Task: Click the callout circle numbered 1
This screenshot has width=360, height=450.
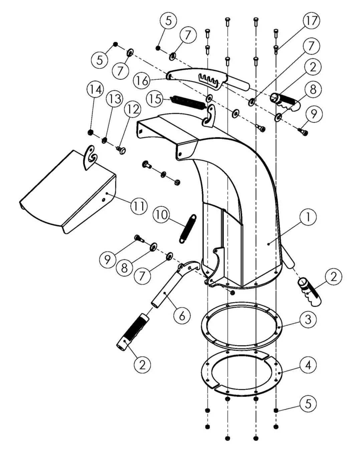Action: click(308, 217)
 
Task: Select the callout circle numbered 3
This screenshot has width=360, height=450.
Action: click(308, 319)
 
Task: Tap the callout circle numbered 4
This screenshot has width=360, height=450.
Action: click(308, 364)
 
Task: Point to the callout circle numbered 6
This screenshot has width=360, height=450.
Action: click(182, 315)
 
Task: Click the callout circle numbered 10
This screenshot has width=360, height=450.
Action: click(162, 214)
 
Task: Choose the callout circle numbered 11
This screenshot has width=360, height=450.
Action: click(139, 206)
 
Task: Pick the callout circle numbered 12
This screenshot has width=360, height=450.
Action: click(132, 109)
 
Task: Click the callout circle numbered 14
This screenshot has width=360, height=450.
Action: click(95, 90)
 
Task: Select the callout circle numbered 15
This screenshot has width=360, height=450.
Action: click(155, 99)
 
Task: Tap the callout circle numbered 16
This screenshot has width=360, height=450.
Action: click(142, 81)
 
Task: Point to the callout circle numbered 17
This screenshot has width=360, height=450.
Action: click(311, 21)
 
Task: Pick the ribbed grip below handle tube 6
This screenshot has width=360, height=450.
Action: click(133, 331)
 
